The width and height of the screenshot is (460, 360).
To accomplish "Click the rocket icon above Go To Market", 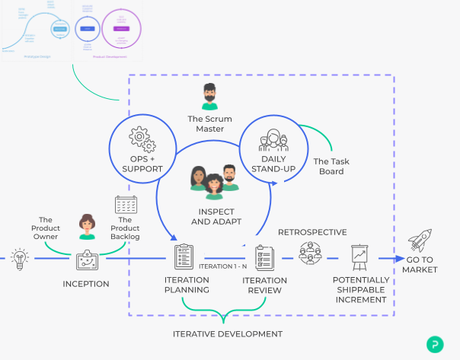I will pos(420,241).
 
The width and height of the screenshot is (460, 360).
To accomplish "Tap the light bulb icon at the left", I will pos(19,257).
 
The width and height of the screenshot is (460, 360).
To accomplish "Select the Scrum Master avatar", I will pos(209,97).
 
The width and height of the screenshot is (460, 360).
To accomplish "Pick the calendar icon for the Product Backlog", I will pos(125,204).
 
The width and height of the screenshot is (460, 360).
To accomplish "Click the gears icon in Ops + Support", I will pos(142,139).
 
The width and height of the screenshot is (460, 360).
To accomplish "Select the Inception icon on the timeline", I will pos(86,260).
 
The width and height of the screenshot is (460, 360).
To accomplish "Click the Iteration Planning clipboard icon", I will pos(184,258).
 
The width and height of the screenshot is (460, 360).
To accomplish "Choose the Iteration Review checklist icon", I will pos(264,258).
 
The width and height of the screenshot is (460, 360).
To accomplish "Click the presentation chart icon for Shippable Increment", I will pos(360,258).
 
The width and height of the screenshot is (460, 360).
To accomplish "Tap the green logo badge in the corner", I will pos(436,343).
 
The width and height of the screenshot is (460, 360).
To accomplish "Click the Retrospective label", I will pos(312,231).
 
